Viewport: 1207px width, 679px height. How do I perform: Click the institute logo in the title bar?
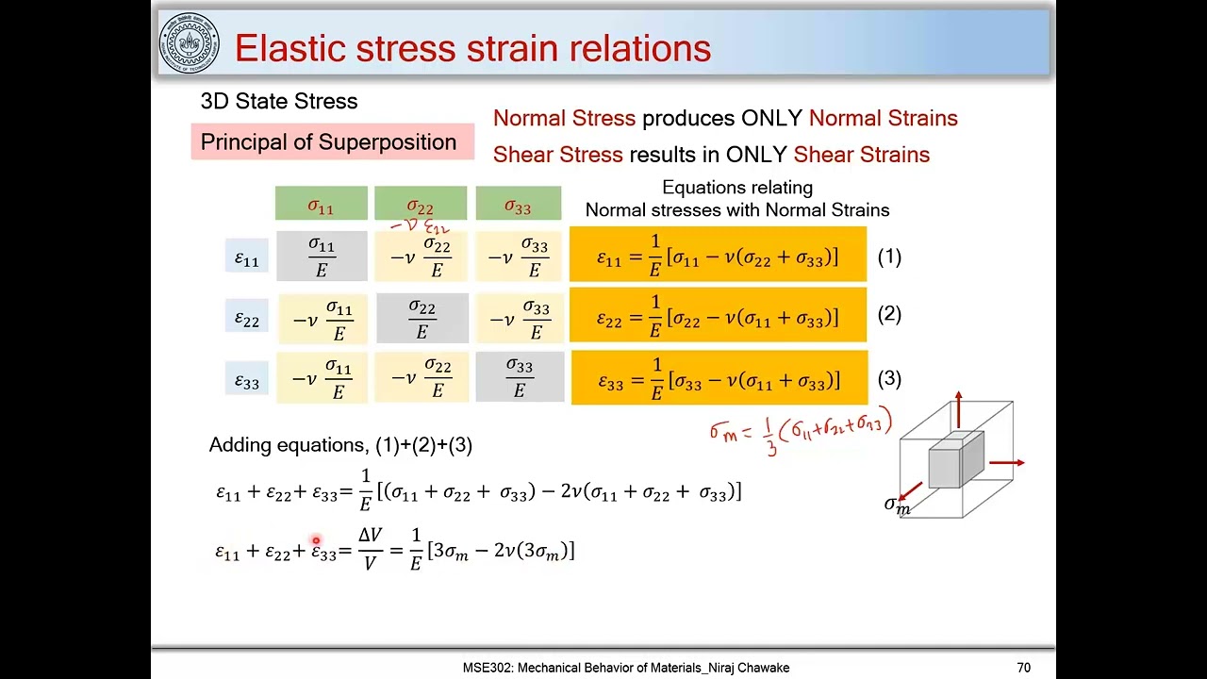190,43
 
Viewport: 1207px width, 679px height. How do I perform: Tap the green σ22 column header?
421,205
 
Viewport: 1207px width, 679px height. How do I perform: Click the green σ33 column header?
518,205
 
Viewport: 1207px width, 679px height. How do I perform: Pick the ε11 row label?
246,257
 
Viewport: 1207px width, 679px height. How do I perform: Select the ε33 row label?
246,380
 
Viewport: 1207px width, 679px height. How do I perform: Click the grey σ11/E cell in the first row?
322,257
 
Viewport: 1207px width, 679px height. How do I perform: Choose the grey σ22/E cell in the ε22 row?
422,319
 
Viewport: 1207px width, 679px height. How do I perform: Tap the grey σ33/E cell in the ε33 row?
520,377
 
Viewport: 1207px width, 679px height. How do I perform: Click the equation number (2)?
889,314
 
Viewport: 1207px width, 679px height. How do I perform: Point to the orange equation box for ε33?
719,378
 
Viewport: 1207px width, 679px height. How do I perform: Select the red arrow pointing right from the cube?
1008,462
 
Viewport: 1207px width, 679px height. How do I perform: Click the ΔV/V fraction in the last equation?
370,549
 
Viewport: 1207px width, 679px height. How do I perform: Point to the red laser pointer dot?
316,540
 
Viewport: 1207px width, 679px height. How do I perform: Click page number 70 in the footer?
1023,668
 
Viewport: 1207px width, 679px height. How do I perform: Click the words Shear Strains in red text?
861,155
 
